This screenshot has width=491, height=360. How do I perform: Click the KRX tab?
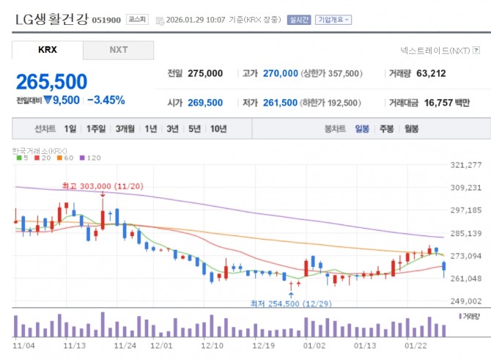pos(47,50)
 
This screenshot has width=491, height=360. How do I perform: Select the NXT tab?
pos(118,50)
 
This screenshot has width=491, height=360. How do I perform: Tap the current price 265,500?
pos(52,81)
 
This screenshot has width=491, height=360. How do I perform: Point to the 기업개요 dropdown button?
pos(333,20)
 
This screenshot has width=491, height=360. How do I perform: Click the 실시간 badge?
pos(298,20)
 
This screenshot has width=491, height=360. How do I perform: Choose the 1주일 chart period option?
pos(96,129)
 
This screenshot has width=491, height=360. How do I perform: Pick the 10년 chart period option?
pos(218,129)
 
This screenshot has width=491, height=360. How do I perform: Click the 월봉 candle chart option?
pos(410,129)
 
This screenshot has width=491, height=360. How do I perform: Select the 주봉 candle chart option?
pos(386,129)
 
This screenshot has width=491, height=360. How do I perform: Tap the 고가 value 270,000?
pos(280,73)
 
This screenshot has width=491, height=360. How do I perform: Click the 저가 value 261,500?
pos(280,103)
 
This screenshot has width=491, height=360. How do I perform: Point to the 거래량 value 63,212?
pos(430,73)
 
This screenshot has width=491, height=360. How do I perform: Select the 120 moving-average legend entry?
pos(92,158)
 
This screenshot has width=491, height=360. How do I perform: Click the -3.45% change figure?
pos(106,100)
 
